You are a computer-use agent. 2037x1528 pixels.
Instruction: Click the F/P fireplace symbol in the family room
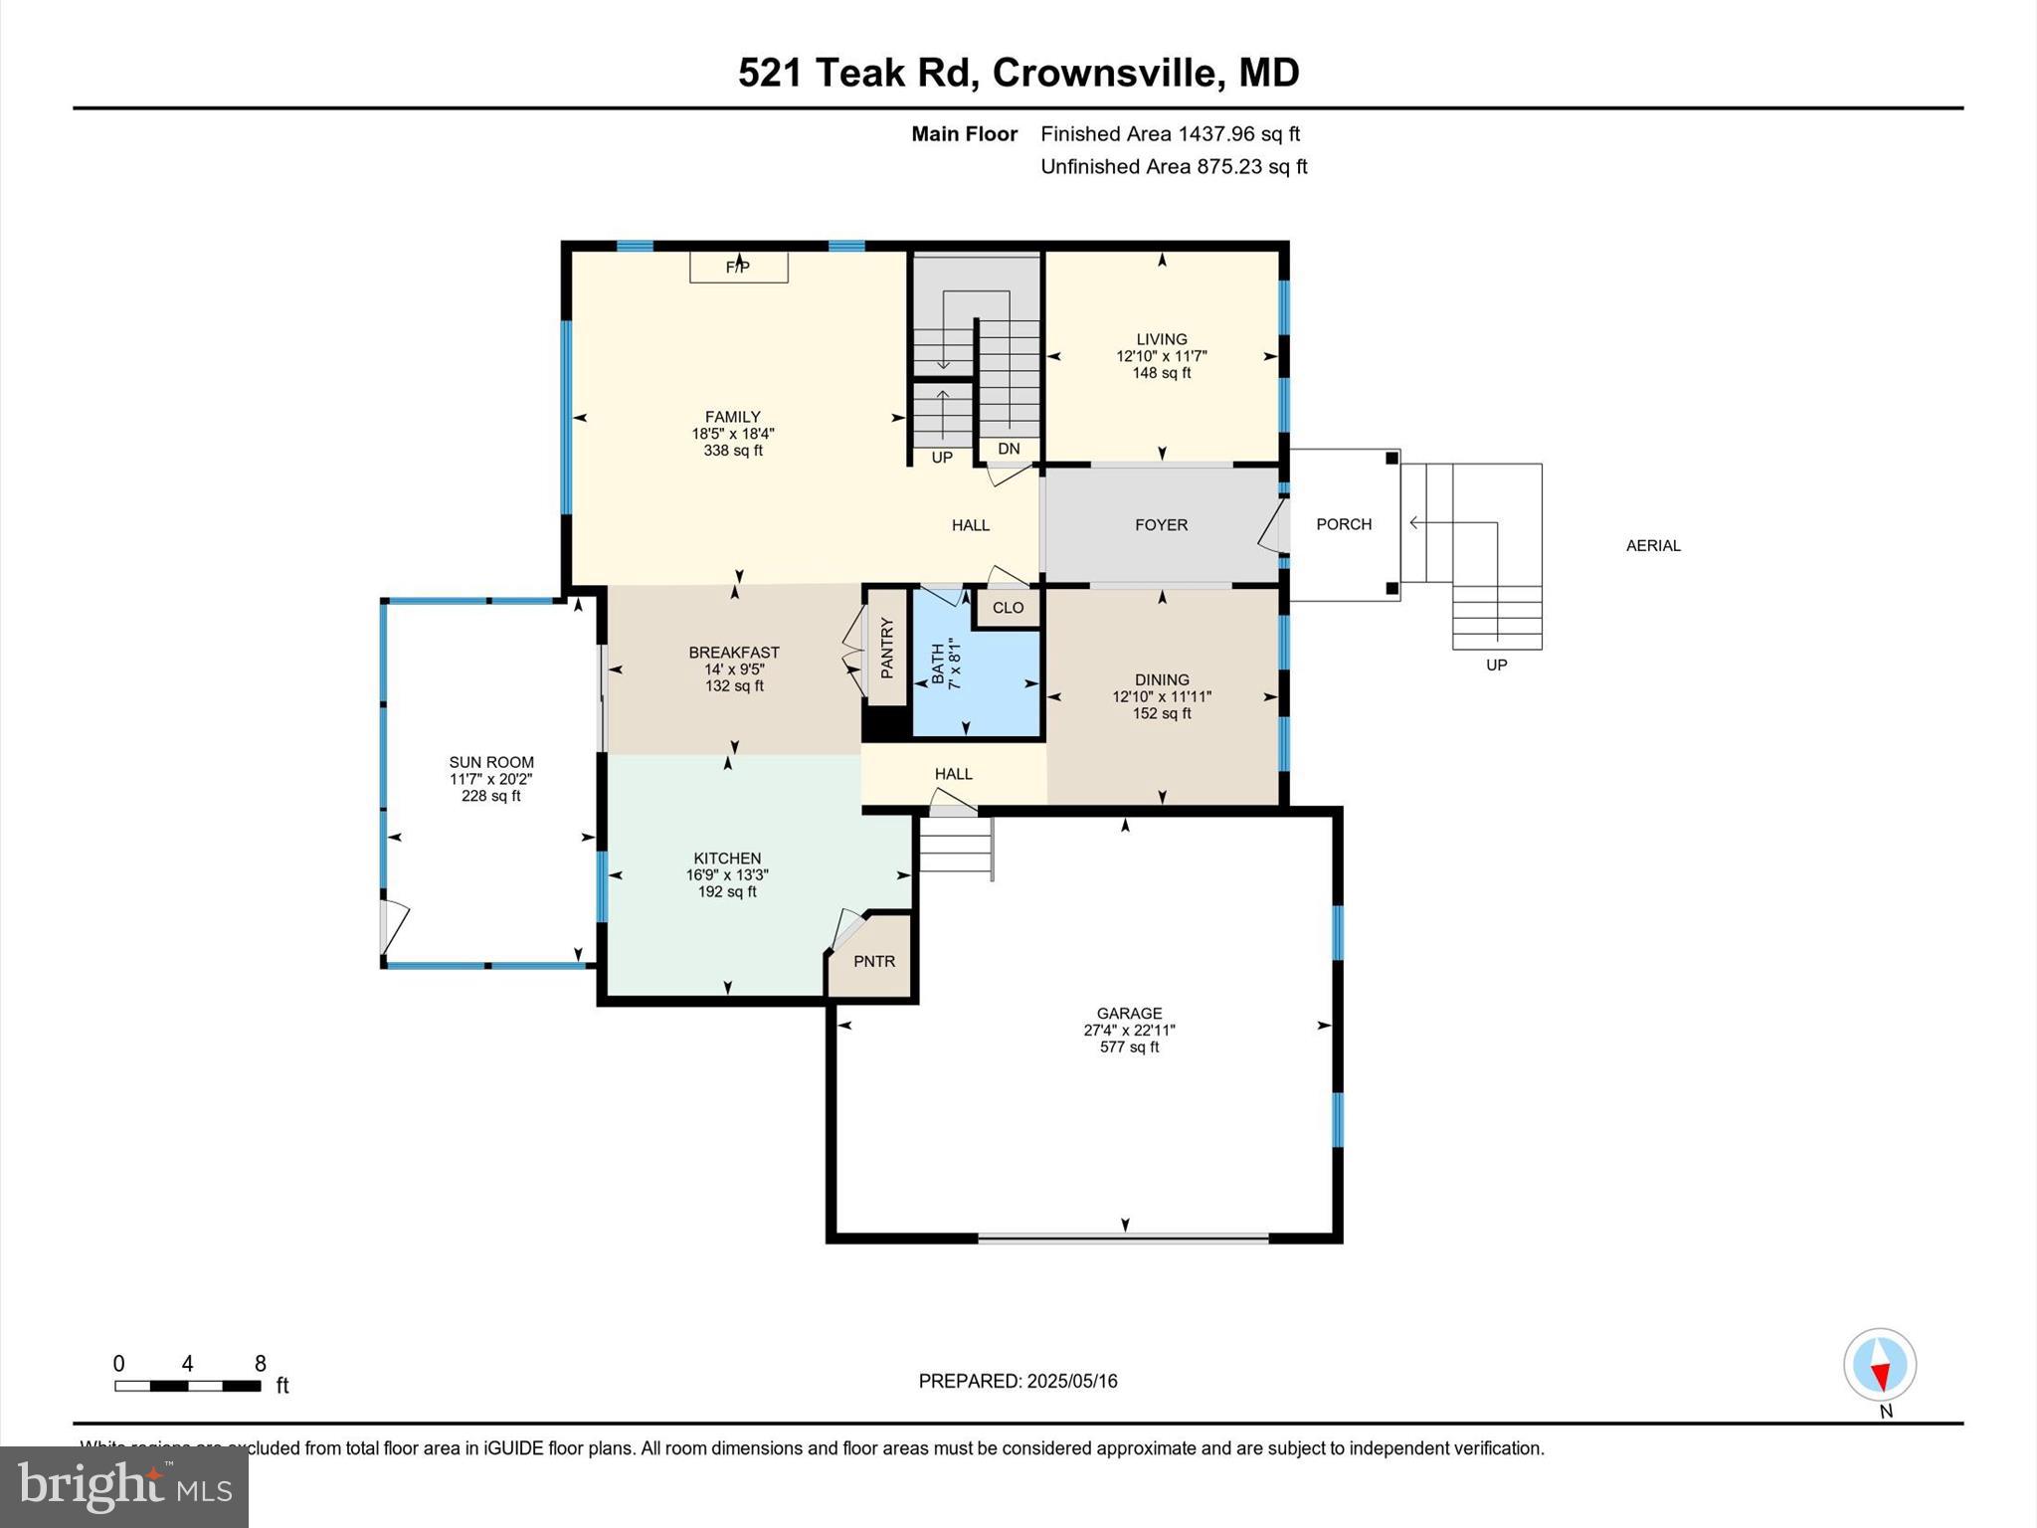pyautogui.click(x=738, y=267)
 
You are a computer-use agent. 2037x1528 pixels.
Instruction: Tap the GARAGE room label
pyautogui.click(x=1129, y=1013)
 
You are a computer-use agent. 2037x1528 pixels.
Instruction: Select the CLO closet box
pyautogui.click(x=1008, y=608)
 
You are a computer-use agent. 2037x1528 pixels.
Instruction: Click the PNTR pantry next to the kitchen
pyautogui.click(x=874, y=961)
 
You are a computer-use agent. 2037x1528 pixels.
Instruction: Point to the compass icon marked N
pyautogui.click(x=1879, y=1365)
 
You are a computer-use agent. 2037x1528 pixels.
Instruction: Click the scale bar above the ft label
pyautogui.click(x=187, y=1386)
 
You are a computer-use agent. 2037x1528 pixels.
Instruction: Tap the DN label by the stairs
pyautogui.click(x=1009, y=449)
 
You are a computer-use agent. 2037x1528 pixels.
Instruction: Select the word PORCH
pyautogui.click(x=1343, y=524)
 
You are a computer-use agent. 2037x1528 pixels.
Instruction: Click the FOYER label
pyautogui.click(x=1161, y=524)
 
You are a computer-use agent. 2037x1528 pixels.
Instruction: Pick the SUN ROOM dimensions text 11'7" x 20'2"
pyautogui.click(x=491, y=779)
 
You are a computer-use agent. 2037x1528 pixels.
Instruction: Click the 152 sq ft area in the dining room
pyautogui.click(x=1161, y=713)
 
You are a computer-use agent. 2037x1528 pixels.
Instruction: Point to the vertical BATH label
pyautogui.click(x=937, y=665)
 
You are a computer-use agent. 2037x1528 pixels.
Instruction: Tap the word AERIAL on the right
pyautogui.click(x=1652, y=545)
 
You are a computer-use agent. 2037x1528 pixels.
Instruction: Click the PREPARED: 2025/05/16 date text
pyautogui.click(x=1018, y=1381)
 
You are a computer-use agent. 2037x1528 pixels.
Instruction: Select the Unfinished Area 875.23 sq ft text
pyautogui.click(x=1173, y=166)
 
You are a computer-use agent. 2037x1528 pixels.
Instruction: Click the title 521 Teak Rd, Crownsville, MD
pyautogui.click(x=1018, y=73)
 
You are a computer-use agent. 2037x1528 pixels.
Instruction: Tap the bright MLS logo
pyautogui.click(x=124, y=1486)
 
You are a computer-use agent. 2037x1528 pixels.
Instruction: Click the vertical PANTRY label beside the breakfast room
pyautogui.click(x=887, y=648)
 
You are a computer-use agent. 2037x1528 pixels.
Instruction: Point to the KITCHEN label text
pyautogui.click(x=727, y=858)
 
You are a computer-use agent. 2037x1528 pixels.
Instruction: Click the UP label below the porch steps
pyautogui.click(x=1496, y=665)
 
